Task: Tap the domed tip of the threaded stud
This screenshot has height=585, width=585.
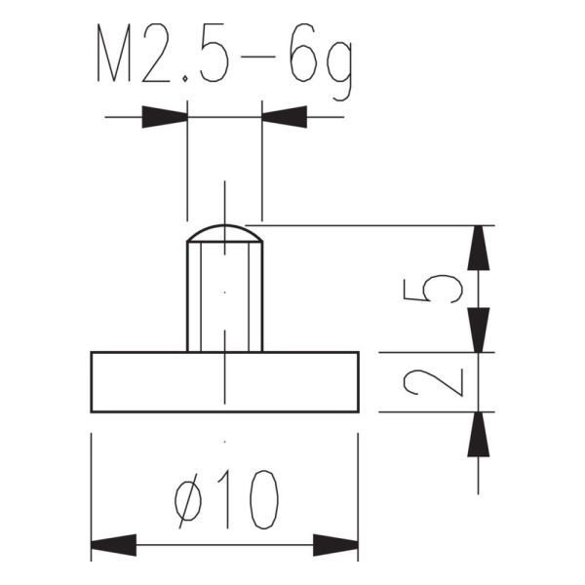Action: [x=224, y=234]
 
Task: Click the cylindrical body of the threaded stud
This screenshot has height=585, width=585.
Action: [x=224, y=297]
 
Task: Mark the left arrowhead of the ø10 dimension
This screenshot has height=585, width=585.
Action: [x=113, y=544]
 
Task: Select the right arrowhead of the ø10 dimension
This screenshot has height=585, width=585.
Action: [x=335, y=544]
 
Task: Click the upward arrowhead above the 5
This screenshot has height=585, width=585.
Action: [x=478, y=249]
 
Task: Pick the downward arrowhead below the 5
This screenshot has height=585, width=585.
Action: [x=478, y=329]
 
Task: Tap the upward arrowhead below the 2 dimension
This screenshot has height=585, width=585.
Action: [x=478, y=435]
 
